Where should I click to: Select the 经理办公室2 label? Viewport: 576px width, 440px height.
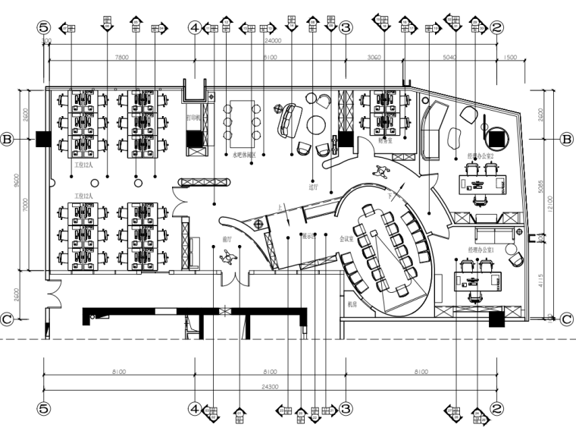coord(481,156)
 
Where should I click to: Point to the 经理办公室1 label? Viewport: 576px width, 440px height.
coord(481,249)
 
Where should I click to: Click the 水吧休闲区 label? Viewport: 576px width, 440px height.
coord(243,155)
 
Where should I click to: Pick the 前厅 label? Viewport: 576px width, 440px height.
coord(227,238)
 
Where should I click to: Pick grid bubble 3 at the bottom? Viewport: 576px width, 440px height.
coord(345,408)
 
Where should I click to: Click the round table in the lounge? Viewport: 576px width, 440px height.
coord(316,124)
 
